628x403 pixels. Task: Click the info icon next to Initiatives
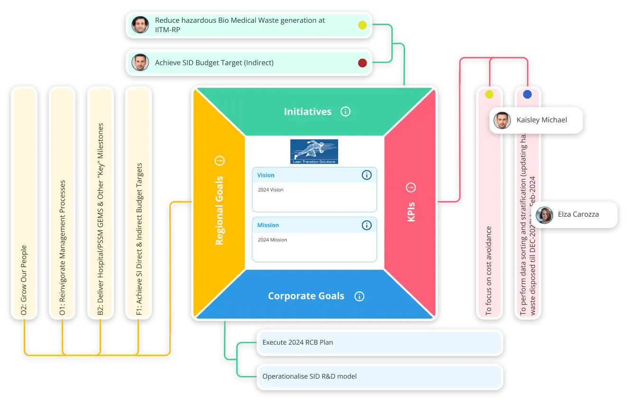click(x=345, y=111)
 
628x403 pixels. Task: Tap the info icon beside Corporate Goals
click(x=360, y=296)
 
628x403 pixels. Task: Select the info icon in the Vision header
click(x=367, y=175)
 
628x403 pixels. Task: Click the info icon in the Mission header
click(x=367, y=225)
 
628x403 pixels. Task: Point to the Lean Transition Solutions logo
click(x=314, y=152)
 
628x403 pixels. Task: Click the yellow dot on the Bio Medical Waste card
click(x=362, y=25)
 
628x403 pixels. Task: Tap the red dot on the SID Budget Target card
click(x=362, y=63)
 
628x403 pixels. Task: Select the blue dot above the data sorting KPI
click(x=527, y=94)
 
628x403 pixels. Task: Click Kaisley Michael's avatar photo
click(x=502, y=120)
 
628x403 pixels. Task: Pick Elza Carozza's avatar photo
click(x=545, y=215)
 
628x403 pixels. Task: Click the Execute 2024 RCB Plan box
click(x=379, y=342)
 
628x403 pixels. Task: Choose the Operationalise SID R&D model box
click(x=379, y=376)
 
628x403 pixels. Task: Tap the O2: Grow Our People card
click(x=24, y=203)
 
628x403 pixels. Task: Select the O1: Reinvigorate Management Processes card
click(x=62, y=203)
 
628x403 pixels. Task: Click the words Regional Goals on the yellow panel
click(x=219, y=211)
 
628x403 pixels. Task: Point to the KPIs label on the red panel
click(x=411, y=212)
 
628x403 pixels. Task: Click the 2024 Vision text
click(x=271, y=190)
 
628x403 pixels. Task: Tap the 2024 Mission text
click(x=273, y=240)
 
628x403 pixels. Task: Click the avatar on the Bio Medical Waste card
click(x=140, y=25)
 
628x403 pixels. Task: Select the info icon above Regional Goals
click(x=220, y=161)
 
